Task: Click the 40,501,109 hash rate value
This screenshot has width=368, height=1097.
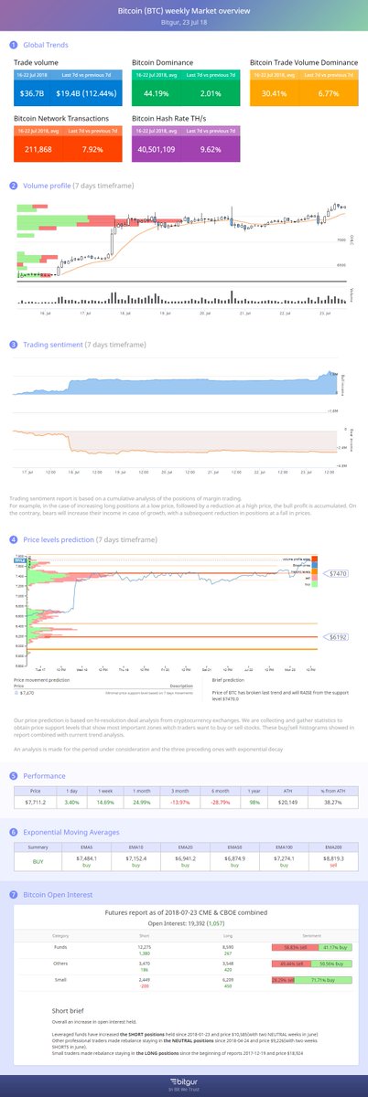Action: pos(160,150)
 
